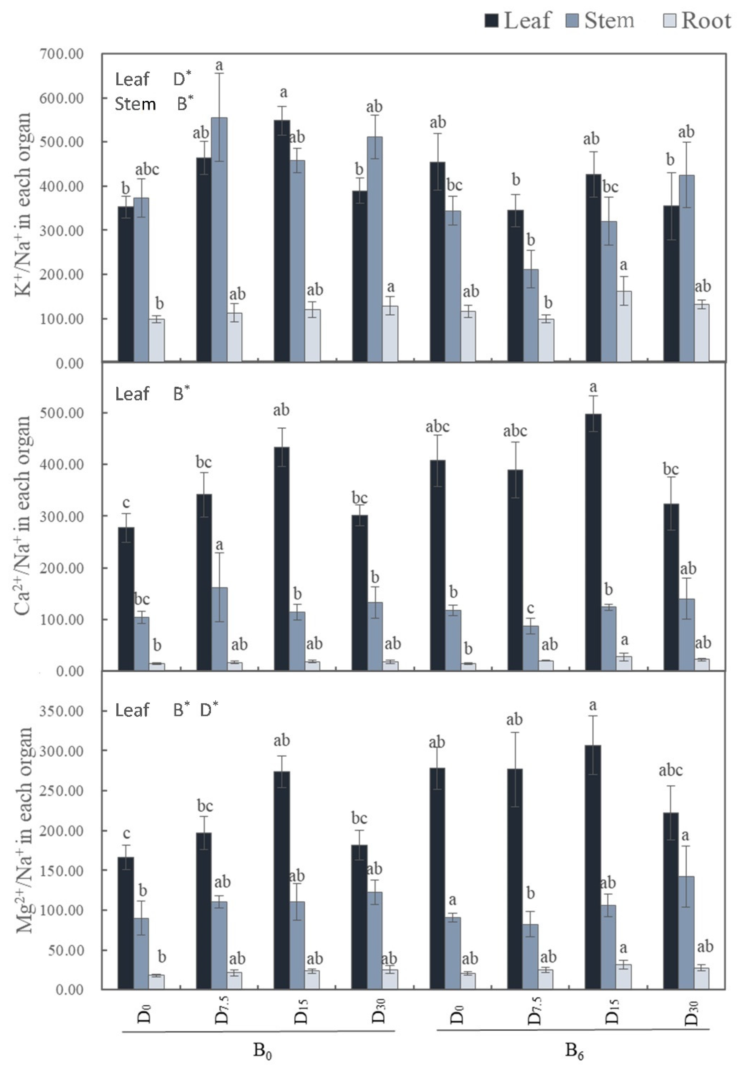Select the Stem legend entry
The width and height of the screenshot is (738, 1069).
click(600, 21)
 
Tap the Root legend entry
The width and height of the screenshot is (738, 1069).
click(697, 21)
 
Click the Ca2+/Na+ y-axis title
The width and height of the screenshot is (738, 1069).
click(23, 515)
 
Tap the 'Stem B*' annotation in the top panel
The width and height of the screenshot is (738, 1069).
click(154, 104)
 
